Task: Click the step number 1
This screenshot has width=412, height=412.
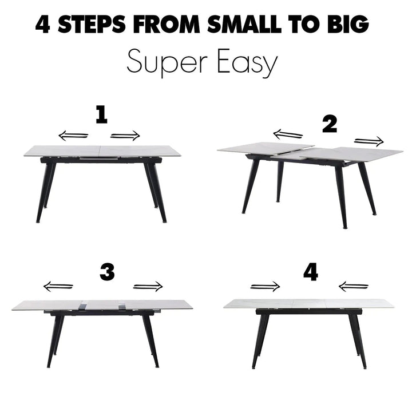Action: [x=101, y=116]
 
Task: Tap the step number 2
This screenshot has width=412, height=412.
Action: [x=330, y=124]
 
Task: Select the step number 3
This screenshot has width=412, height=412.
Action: [x=107, y=273]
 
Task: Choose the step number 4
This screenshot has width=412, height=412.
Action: [x=311, y=273]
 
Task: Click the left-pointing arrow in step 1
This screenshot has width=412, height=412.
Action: [x=73, y=136]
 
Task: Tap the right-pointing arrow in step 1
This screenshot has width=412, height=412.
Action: [x=125, y=136]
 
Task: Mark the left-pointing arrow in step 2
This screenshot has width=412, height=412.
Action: [x=288, y=134]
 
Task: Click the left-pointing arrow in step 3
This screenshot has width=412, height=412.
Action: [x=58, y=287]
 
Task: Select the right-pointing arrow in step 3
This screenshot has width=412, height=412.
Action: [x=148, y=287]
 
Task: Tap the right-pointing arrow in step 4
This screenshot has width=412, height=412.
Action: [x=265, y=287]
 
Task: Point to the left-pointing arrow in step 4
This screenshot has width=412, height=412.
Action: [x=354, y=287]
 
